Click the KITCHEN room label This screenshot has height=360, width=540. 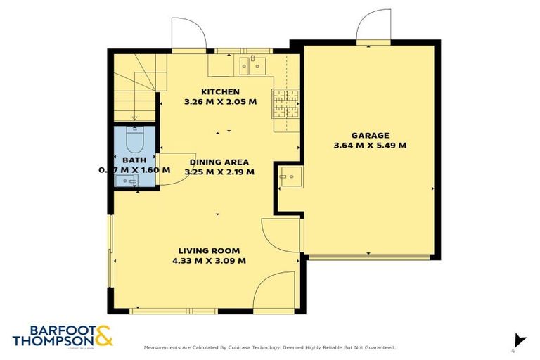click(x=220, y=91)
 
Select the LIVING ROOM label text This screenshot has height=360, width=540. click(x=209, y=250)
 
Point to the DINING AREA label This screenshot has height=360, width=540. click(x=219, y=161)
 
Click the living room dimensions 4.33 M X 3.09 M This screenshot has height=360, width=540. click(x=209, y=261)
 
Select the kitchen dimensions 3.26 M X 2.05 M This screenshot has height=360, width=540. click(x=220, y=102)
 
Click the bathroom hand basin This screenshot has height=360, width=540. click(x=129, y=181)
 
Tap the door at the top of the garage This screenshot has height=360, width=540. click(x=373, y=28)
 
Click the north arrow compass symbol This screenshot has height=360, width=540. click(x=519, y=340)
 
